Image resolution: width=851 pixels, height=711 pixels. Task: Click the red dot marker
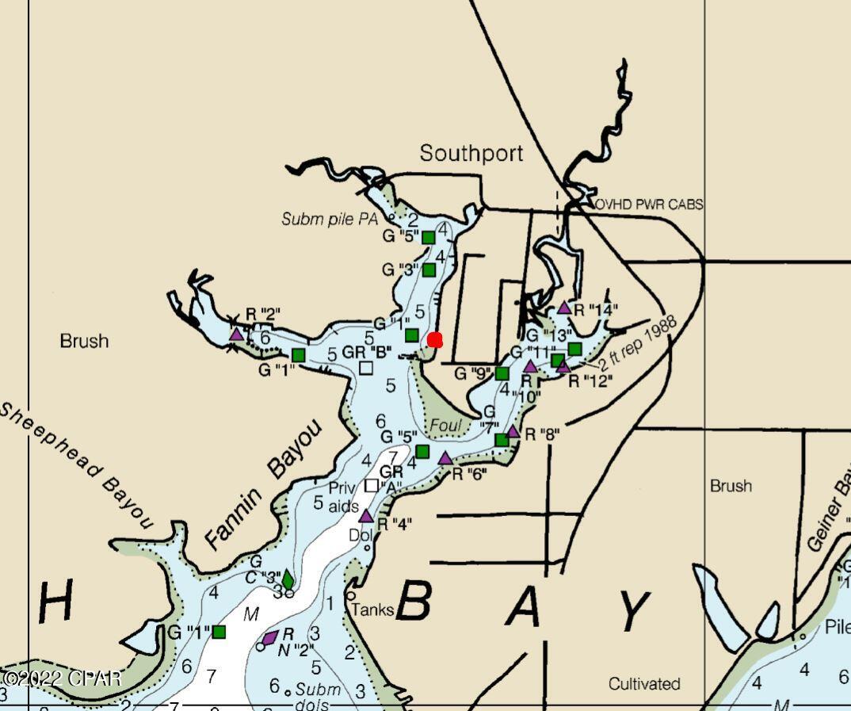point(434,340)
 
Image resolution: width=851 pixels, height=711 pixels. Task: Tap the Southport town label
point(471,153)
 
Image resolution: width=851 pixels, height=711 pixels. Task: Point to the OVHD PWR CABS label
point(649,205)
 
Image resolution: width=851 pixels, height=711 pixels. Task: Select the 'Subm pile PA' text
point(330,219)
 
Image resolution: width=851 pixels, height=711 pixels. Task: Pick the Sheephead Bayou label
point(74,464)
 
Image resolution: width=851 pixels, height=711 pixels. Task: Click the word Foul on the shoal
point(445,426)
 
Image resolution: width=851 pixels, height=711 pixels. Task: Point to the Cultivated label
point(644,683)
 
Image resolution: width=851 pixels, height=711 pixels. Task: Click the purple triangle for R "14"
point(564,308)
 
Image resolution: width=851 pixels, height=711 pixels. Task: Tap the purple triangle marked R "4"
point(366,516)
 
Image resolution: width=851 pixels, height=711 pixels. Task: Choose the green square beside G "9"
point(502,373)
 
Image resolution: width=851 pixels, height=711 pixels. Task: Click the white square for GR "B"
point(365,368)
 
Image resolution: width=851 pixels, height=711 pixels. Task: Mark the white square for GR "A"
point(371,485)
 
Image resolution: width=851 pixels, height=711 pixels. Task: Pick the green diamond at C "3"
point(287,579)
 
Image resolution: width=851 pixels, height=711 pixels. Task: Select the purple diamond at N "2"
point(269,638)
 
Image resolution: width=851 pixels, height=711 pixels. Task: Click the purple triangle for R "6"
point(445,458)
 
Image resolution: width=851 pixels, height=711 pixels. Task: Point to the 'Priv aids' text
point(342,497)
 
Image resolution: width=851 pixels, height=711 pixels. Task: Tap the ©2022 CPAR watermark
point(61,679)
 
